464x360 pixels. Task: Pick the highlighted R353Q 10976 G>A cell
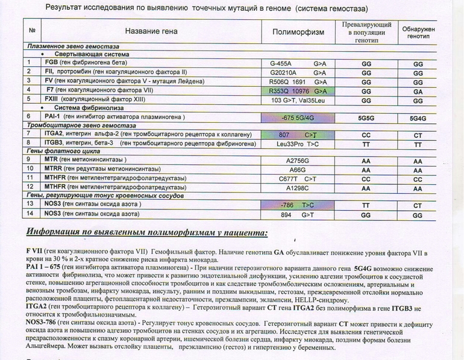[x=298, y=90]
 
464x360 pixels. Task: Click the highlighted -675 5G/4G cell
[x=298, y=117]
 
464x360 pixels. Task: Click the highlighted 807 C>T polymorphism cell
[x=298, y=135]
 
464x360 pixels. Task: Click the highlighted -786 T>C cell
[x=298, y=205]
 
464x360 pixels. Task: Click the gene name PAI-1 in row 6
[x=53, y=117]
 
